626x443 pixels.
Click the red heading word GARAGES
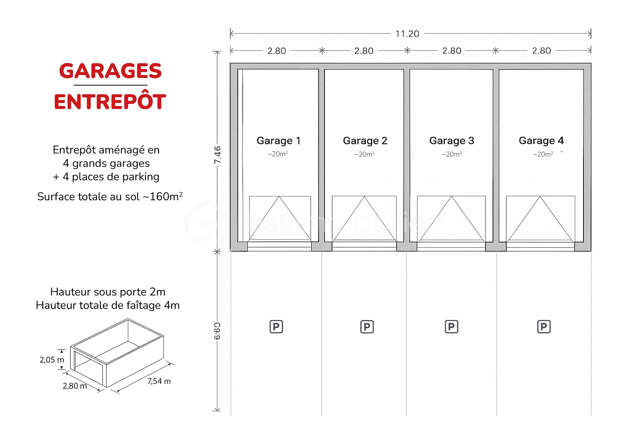pyautogui.click(x=110, y=71)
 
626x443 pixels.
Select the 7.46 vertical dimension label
pyautogui.click(x=217, y=155)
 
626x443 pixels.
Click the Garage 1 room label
pyautogui.click(x=278, y=141)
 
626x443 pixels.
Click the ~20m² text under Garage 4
pyautogui.click(x=543, y=154)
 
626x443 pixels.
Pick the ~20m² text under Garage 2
pyautogui.click(x=364, y=154)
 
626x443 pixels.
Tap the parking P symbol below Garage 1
pyautogui.click(x=276, y=327)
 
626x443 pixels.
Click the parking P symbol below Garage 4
pyautogui.click(x=544, y=327)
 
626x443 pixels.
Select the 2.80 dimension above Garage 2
pyautogui.click(x=364, y=51)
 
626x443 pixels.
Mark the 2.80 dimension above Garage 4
pyautogui.click(x=541, y=51)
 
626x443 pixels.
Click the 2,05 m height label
pyautogui.click(x=52, y=360)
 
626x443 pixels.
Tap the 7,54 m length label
pyautogui.click(x=159, y=381)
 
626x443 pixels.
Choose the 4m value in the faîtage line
pyautogui.click(x=172, y=305)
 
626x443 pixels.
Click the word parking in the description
pyautogui.click(x=141, y=177)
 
